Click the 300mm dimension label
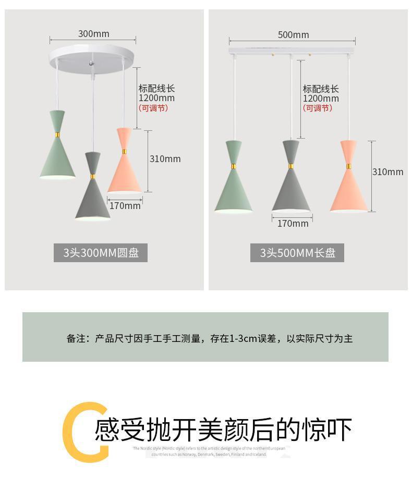(94, 34)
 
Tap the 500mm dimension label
(293, 35)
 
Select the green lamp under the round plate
(57, 151)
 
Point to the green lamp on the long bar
(234, 182)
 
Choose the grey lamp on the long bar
(291, 182)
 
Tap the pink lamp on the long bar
(349, 182)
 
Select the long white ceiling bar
(292, 51)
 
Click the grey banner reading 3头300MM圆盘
(101, 253)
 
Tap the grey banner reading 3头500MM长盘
(297, 253)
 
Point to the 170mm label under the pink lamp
(125, 206)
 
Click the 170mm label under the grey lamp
(293, 224)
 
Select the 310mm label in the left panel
(165, 159)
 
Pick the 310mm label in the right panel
(387, 172)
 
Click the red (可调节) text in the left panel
(153, 108)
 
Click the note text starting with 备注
(209, 339)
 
